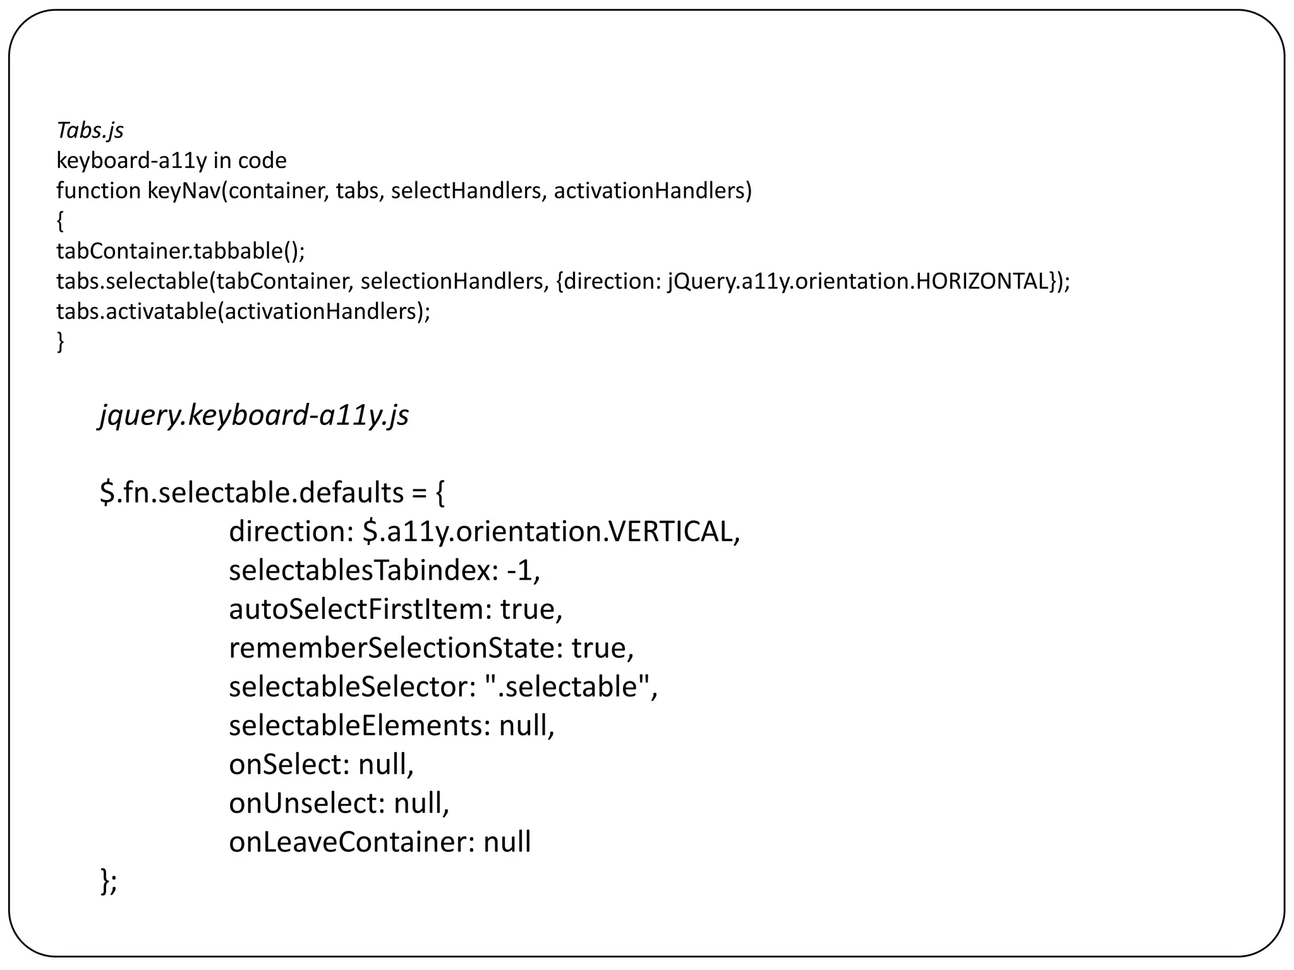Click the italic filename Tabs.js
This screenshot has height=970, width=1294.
90,130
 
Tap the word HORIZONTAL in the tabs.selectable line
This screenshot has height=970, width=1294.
983,281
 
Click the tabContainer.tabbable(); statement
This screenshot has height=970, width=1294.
181,251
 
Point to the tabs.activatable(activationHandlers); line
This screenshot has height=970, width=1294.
243,311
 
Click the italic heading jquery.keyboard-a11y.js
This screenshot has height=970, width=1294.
254,416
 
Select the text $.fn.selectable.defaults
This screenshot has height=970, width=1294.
251,493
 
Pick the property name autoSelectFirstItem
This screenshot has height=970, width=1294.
356,609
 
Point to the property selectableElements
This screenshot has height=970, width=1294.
356,726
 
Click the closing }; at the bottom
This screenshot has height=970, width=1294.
109,881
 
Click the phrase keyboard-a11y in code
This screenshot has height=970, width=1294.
171,160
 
